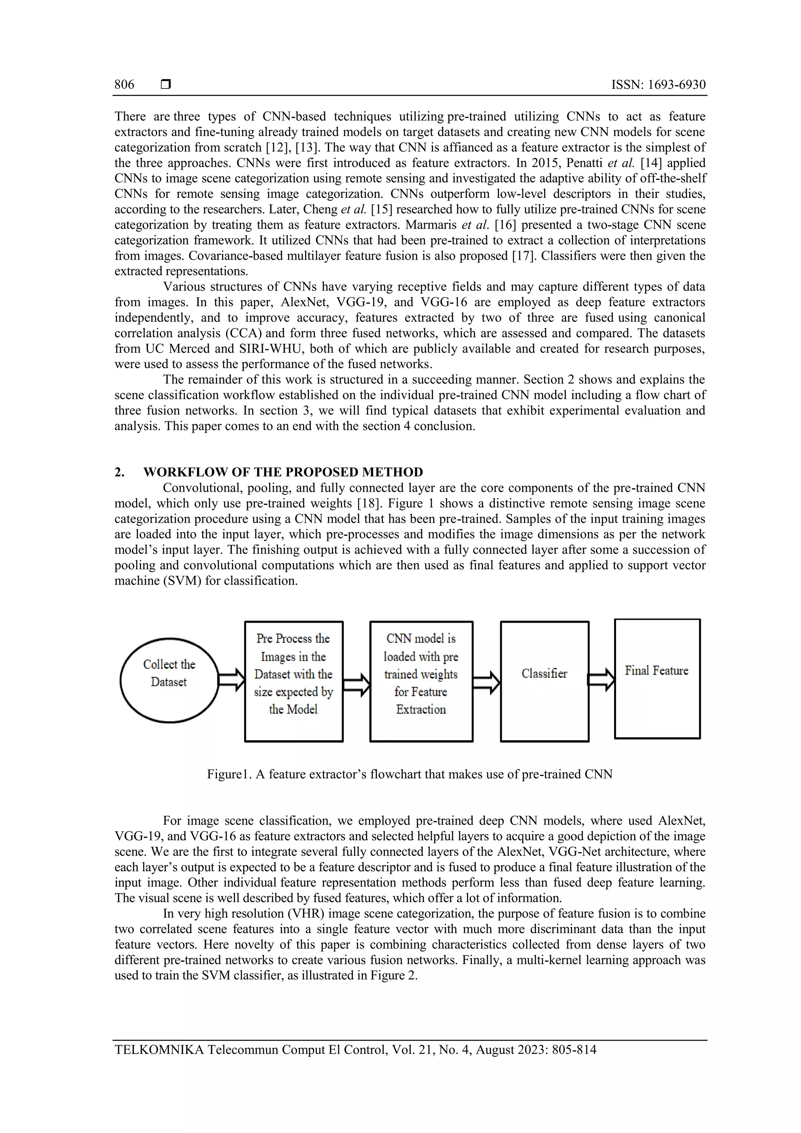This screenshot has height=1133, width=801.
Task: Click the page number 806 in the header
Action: coord(124,84)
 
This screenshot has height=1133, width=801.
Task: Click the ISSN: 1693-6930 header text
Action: coord(658,84)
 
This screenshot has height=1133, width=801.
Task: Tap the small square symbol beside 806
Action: coord(166,84)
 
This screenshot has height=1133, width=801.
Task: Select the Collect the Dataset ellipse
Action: coord(169,680)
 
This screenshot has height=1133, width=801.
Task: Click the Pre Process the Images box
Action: coord(294,681)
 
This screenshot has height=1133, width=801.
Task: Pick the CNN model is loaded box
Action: coord(421,681)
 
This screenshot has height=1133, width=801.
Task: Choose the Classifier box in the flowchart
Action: coord(544,681)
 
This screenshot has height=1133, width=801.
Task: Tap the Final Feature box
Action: coord(657,679)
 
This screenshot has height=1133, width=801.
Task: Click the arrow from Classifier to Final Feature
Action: coord(602,680)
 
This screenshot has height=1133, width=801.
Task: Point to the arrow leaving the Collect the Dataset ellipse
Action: coord(232,680)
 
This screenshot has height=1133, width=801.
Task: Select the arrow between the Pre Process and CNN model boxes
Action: coord(356,684)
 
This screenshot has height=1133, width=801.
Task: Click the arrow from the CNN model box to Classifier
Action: coord(487,682)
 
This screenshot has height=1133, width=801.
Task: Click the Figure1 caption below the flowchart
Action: coord(409,774)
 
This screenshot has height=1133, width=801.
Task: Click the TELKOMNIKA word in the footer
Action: coord(158,1049)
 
